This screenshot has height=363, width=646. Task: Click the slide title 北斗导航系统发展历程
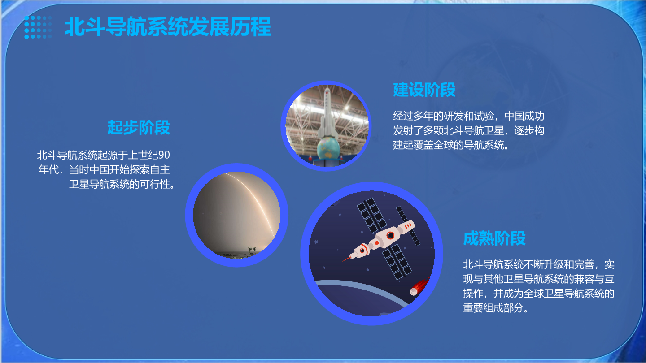point(168,26)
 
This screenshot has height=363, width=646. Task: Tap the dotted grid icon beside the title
point(38,27)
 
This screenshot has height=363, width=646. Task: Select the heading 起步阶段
point(139,127)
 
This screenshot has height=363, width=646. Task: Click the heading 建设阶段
point(424,90)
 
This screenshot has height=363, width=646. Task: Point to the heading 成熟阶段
point(494,238)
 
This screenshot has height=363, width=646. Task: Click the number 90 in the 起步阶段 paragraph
point(164,155)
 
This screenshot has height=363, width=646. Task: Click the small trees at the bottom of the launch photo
point(252,250)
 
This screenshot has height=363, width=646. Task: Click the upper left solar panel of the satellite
point(371,215)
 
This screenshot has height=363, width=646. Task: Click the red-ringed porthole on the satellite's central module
point(390,235)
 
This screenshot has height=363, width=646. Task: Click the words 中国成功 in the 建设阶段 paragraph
point(524,116)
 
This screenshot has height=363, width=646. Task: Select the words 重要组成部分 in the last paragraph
point(493,308)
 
